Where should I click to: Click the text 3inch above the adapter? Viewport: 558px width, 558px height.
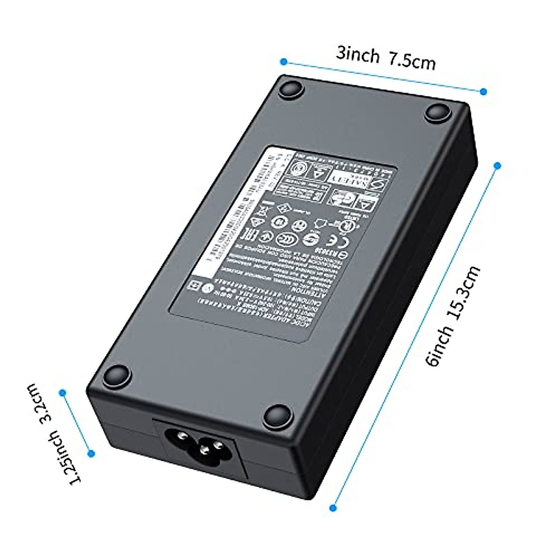358,54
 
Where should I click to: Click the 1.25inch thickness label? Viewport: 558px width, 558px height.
66,458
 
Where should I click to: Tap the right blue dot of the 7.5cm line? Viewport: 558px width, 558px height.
484,92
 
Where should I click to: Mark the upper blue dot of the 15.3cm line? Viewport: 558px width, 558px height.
497,166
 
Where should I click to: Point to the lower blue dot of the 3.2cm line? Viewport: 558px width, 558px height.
91,453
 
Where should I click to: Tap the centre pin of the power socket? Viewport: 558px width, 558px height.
203,450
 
